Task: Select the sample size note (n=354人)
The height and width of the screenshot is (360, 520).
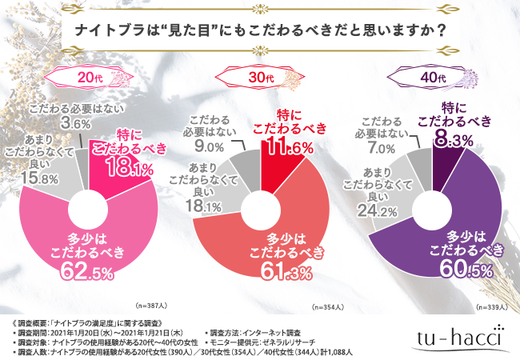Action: (330, 306)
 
